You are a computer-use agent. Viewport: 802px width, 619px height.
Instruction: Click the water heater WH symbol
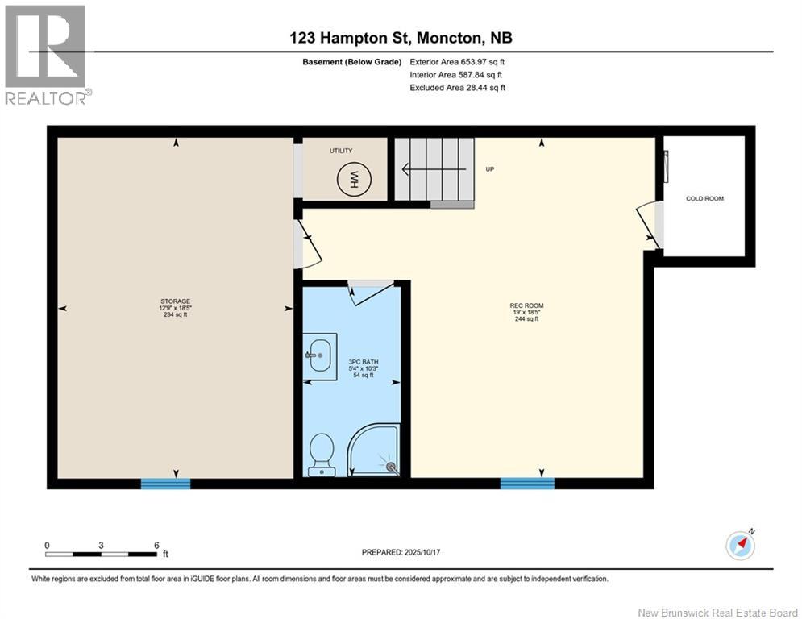352,179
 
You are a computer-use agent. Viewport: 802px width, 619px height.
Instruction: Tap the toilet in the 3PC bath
322,454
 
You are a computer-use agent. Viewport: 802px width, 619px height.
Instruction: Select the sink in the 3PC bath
321,355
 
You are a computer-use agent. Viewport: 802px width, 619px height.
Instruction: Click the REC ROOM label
526,305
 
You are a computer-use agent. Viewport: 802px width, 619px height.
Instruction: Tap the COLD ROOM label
704,198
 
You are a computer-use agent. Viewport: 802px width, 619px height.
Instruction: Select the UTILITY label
341,151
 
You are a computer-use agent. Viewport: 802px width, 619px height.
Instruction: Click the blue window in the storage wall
165,484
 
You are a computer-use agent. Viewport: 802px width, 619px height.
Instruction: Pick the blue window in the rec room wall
526,484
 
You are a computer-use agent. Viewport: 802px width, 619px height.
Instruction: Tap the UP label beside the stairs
489,170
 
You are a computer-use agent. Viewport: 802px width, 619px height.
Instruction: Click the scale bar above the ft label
101,554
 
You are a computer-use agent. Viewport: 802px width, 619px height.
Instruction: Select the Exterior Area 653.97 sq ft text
457,61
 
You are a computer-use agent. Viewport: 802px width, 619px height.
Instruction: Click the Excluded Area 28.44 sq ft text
457,88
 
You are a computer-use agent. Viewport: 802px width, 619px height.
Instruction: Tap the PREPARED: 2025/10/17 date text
403,552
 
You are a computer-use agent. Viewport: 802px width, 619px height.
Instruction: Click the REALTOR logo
46,54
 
